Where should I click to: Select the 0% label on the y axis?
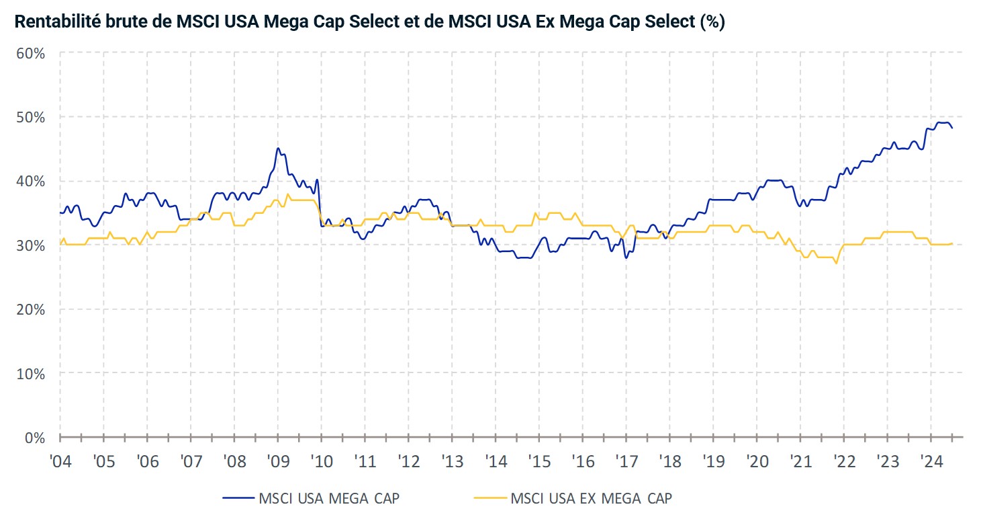pos(35,438)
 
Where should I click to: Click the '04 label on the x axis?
pos(60,463)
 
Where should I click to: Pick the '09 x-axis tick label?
pos(278,463)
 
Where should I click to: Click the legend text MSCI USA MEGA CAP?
pos(329,498)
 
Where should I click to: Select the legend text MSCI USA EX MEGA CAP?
pos(591,498)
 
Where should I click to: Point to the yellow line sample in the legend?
pos(489,498)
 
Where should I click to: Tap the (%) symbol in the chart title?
pos(712,22)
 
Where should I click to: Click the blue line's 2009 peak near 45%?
pos(278,149)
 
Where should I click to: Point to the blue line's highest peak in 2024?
pos(943,122)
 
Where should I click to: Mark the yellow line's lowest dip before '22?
pos(836,263)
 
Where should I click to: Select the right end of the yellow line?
pos(952,243)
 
